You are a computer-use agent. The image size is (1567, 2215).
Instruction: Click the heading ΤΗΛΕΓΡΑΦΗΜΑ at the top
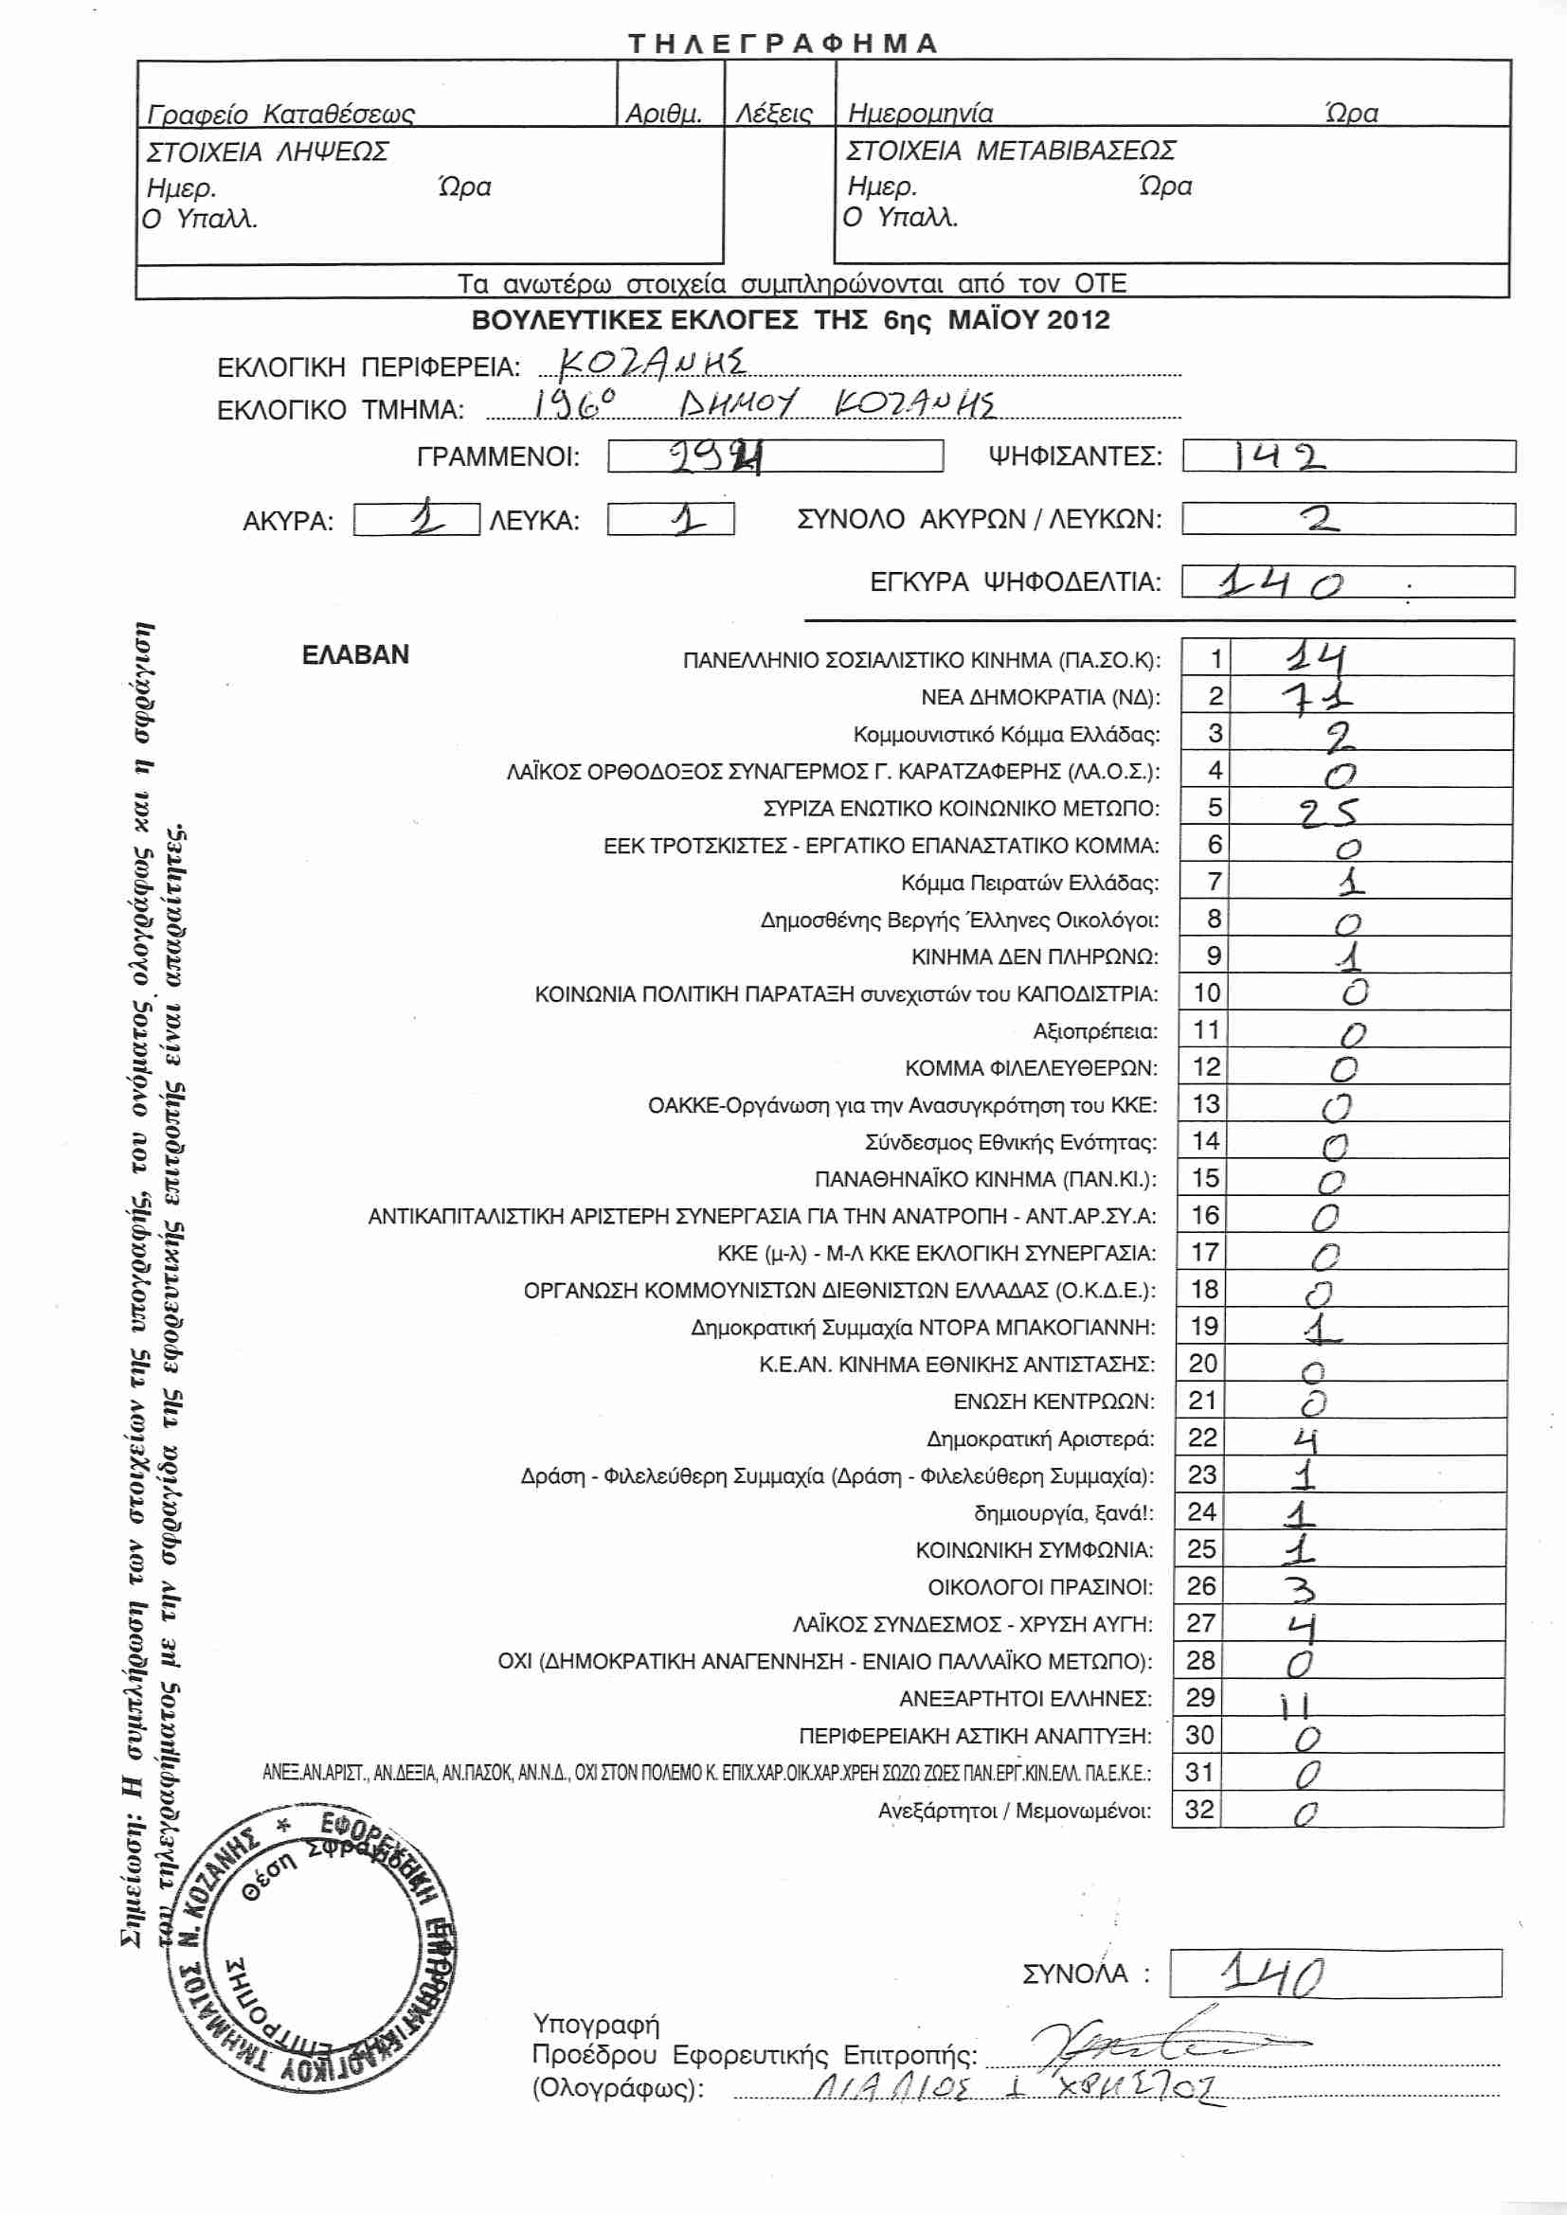tap(783, 44)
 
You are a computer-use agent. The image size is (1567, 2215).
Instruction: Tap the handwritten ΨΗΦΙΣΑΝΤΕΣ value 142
tap(1279, 456)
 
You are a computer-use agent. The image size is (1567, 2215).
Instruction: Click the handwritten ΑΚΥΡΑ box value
tap(425, 521)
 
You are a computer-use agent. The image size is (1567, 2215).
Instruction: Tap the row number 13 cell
tap(1206, 1103)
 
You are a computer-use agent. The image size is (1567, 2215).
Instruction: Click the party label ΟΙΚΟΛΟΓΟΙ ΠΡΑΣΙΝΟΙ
tap(1040, 1587)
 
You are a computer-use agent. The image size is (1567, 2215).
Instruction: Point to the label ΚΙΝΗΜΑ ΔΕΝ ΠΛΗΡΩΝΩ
tap(1035, 957)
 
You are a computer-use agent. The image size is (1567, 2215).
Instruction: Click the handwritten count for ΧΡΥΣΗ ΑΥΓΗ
tap(1304, 1627)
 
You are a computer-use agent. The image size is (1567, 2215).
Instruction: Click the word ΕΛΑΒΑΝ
tap(355, 655)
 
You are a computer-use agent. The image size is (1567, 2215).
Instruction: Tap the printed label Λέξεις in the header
tap(774, 114)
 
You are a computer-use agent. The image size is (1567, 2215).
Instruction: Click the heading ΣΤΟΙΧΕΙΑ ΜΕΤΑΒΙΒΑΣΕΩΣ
tap(1010, 152)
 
